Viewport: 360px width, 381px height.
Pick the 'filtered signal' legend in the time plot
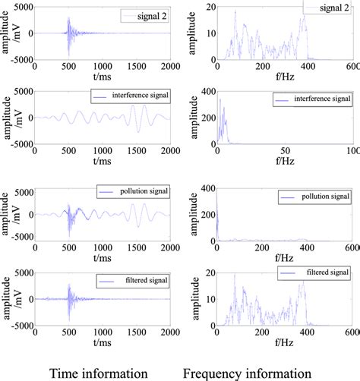(x=133, y=279)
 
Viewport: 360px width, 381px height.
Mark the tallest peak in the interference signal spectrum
(x=219, y=99)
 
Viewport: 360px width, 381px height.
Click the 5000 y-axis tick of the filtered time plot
(x=21, y=271)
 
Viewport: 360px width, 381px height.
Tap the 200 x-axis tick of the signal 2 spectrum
(x=262, y=66)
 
